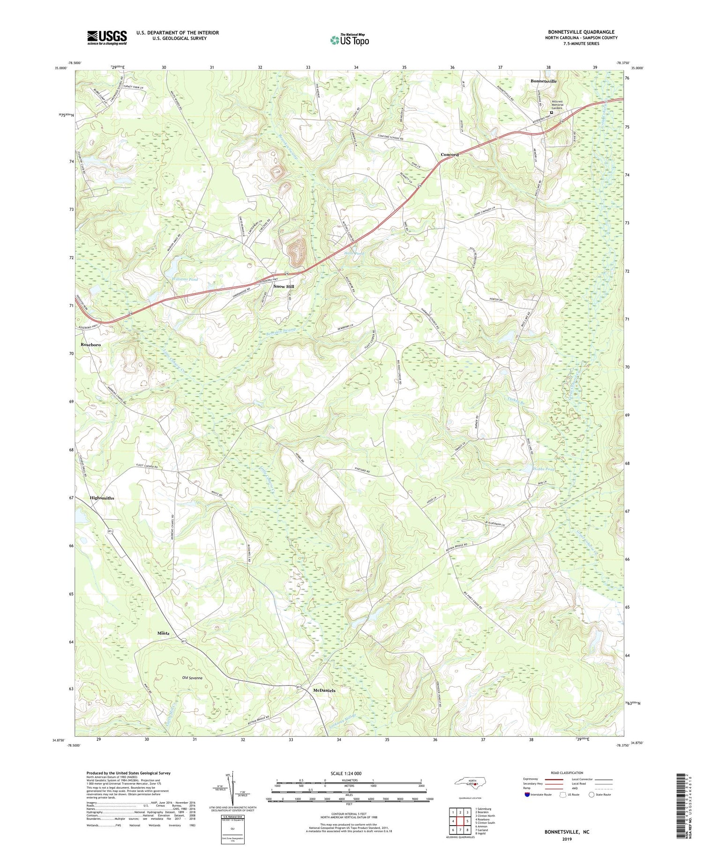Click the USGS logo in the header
pos(107,37)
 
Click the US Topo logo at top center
pos(350,40)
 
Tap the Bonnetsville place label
pos(544,81)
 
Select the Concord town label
pos(449,155)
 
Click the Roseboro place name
pos(91,345)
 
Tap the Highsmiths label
pos(102,498)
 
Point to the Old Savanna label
pos(192,678)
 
